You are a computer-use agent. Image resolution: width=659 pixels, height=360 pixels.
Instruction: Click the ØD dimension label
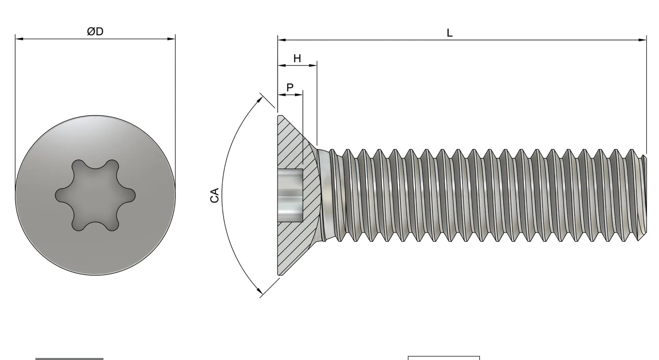(x=95, y=32)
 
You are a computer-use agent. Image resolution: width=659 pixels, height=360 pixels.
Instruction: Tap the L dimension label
(x=450, y=33)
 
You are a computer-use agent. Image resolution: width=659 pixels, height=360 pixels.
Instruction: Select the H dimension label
(x=297, y=59)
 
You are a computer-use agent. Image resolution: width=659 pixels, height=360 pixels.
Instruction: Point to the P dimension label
(x=290, y=88)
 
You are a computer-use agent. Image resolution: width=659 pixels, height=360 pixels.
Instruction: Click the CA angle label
(x=214, y=195)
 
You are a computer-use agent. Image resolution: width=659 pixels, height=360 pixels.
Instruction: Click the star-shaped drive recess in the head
(x=95, y=195)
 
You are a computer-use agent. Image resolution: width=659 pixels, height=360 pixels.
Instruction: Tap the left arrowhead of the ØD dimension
(x=19, y=39)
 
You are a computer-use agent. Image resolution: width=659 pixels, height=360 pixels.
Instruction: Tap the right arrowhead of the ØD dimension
(x=172, y=39)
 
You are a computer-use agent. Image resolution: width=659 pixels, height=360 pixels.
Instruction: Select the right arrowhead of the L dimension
(x=643, y=40)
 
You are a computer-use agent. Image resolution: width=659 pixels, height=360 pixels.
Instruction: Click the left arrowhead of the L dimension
(x=282, y=40)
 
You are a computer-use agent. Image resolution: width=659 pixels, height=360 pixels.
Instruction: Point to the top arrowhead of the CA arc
(x=260, y=99)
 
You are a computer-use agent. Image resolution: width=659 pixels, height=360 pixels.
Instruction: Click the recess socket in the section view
(x=290, y=195)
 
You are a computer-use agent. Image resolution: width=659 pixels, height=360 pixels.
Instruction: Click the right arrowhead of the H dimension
(x=314, y=65)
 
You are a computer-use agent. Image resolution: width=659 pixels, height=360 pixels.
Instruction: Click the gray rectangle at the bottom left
(x=69, y=359)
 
